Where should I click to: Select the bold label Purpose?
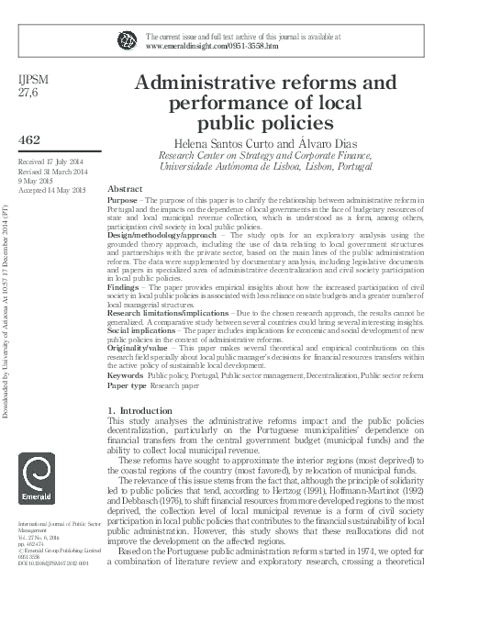122,199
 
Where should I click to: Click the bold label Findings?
124,287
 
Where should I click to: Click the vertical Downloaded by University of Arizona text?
8,303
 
